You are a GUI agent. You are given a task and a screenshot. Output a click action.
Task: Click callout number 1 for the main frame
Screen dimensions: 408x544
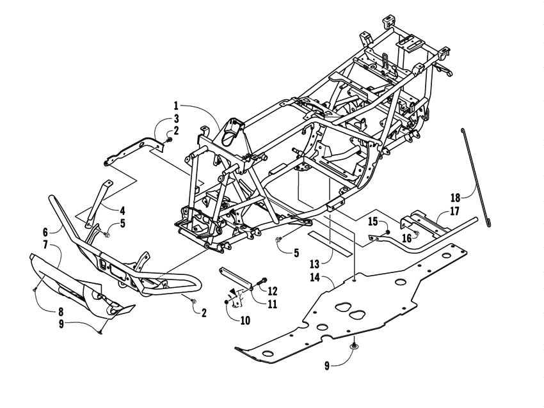(175, 104)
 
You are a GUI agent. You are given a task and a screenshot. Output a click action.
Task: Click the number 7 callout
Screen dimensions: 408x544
(45, 245)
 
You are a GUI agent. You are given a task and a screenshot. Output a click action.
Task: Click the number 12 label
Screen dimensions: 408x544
(273, 290)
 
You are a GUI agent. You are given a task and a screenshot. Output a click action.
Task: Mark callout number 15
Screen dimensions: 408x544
(373, 221)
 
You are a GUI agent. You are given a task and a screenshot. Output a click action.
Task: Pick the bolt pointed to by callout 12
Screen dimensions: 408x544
(262, 281)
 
